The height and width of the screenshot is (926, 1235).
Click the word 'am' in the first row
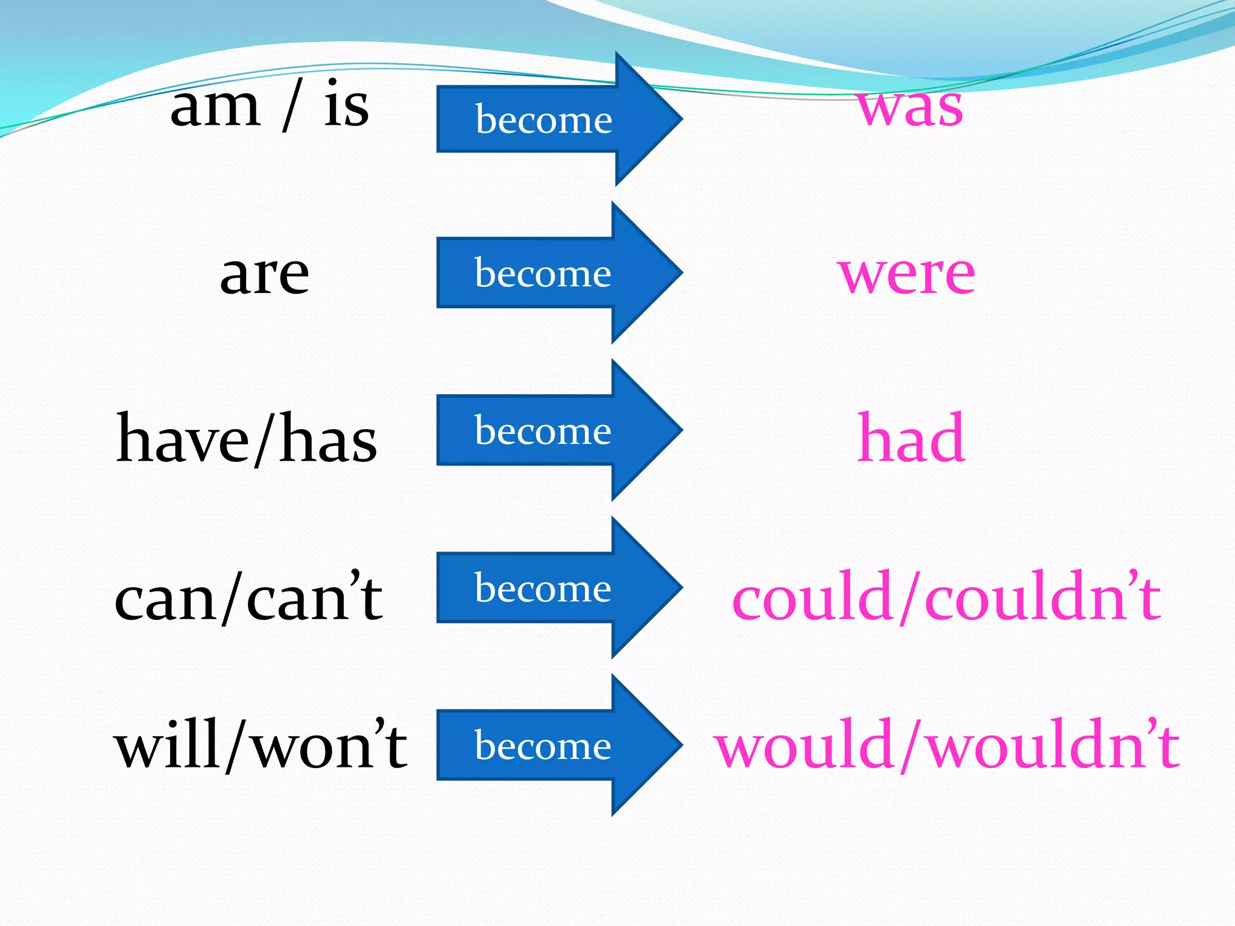pyautogui.click(x=215, y=109)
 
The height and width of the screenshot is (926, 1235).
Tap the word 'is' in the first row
pyautogui.click(x=346, y=106)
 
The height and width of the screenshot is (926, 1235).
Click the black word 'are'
pyautogui.click(x=265, y=275)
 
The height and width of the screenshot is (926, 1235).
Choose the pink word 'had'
pyautogui.click(x=911, y=439)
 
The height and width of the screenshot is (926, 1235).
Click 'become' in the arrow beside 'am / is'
pyautogui.click(x=543, y=119)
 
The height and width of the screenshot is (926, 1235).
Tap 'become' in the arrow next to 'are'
pyautogui.click(x=543, y=274)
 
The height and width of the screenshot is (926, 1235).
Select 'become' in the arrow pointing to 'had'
pyautogui.click(x=543, y=430)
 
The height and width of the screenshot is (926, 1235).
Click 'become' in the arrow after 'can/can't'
pyautogui.click(x=543, y=588)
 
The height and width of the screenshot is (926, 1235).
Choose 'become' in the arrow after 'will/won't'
pyautogui.click(x=543, y=746)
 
